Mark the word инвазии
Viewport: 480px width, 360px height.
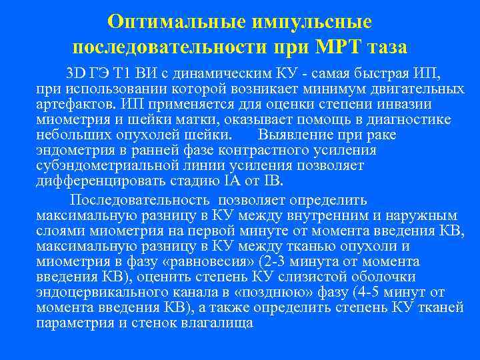(407, 104)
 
